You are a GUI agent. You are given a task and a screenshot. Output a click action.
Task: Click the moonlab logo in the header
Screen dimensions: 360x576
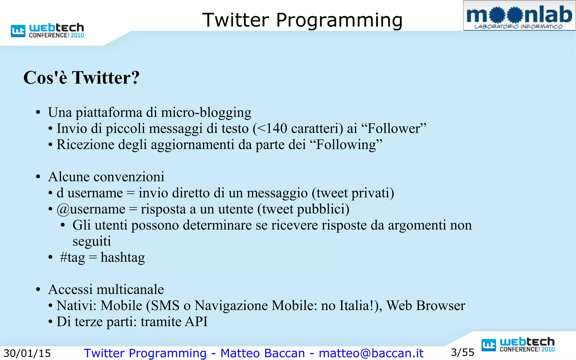(519, 16)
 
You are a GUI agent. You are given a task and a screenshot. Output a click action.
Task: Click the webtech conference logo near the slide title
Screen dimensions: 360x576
(47, 30)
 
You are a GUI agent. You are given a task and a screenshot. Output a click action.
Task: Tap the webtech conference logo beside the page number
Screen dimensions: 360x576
(518, 345)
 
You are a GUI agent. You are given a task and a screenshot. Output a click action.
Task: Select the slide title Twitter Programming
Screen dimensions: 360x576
(302, 20)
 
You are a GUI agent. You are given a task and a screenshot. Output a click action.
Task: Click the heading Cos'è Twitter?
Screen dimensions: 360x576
(81, 78)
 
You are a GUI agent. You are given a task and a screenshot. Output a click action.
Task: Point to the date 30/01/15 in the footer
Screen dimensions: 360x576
(27, 353)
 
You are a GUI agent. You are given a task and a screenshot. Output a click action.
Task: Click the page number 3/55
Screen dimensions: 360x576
(462, 352)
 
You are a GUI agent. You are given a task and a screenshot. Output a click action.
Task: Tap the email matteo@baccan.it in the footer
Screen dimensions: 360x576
(371, 353)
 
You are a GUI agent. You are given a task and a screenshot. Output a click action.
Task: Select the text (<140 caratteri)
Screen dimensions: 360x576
(298, 129)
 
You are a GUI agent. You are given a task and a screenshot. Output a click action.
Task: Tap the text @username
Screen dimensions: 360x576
(91, 209)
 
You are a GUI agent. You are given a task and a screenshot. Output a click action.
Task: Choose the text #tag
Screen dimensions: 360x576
(72, 258)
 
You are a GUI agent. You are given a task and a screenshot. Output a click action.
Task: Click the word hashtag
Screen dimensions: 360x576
(123, 258)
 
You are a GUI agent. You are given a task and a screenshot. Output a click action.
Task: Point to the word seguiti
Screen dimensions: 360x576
(92, 241)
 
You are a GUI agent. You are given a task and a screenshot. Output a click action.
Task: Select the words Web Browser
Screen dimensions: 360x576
(426, 306)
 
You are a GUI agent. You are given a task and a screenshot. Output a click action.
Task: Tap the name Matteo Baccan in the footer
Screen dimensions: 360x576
(262, 353)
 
